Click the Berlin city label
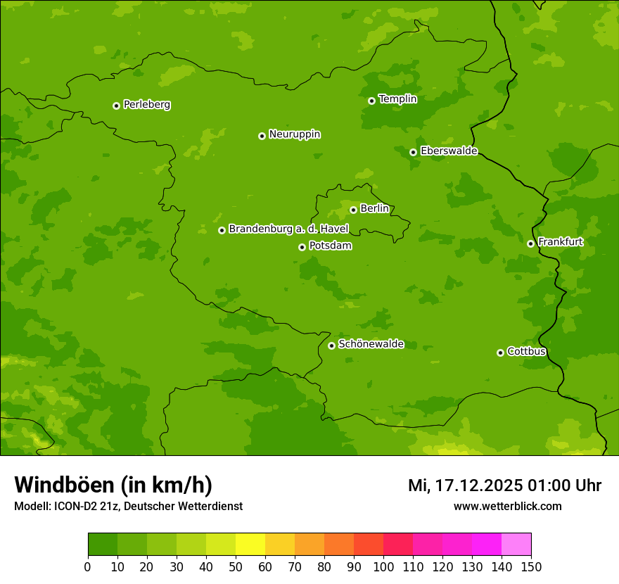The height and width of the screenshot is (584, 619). point(374,209)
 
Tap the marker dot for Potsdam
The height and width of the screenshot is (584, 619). point(302,247)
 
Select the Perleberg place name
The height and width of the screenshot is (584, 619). point(146,105)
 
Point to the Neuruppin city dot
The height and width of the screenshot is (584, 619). point(262,136)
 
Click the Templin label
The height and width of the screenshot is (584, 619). point(397,99)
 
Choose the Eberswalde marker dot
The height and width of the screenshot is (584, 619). point(413,152)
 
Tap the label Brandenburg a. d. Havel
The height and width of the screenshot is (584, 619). point(288,229)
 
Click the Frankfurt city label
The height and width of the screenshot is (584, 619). point(560,242)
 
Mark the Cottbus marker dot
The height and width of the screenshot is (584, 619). point(500,353)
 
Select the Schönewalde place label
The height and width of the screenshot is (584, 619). point(371,344)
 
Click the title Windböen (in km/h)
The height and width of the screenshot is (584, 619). point(113,485)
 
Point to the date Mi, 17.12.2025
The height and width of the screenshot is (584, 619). point(465,485)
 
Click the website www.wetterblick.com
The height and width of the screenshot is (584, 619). point(507,506)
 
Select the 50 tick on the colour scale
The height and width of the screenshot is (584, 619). point(236,566)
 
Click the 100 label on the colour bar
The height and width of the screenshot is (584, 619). point(383,566)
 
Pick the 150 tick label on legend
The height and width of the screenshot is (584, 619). point(531,566)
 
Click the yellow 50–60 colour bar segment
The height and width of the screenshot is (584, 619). point(250,545)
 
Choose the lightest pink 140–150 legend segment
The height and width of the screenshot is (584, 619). point(516,545)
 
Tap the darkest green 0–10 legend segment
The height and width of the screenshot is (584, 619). point(103,545)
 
